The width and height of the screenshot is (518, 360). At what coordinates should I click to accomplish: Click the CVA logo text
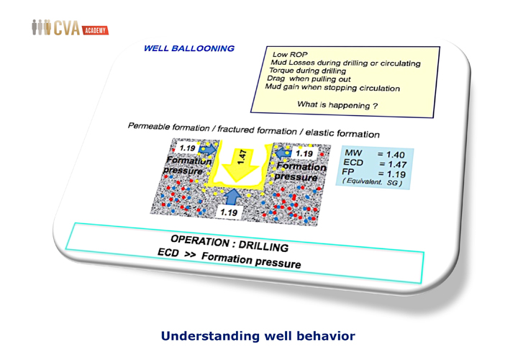[x=66, y=28]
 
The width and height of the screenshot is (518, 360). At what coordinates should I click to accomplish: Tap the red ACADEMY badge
[x=95, y=30]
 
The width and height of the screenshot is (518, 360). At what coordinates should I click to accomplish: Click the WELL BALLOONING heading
[x=189, y=48]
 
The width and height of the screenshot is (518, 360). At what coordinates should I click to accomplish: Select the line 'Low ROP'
[x=290, y=55]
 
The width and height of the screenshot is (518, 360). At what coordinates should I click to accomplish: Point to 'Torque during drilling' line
[x=307, y=71]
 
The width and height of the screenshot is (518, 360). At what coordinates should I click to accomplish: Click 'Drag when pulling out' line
[x=309, y=78]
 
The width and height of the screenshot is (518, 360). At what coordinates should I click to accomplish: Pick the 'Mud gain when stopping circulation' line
[x=332, y=88]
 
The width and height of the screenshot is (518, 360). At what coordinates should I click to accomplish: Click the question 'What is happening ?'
[x=337, y=105]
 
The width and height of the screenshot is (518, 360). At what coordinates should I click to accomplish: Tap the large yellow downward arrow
[x=240, y=163]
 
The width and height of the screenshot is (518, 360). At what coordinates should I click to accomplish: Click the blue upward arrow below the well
[x=233, y=197]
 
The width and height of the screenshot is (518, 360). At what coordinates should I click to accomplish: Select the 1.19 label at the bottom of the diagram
[x=229, y=212]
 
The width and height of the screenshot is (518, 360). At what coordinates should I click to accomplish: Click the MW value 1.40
[x=396, y=155]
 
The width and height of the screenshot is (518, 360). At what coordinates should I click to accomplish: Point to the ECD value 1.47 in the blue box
[x=397, y=164]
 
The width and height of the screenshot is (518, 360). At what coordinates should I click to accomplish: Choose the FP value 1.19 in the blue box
[x=396, y=174]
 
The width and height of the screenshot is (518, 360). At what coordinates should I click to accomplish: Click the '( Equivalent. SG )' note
[x=372, y=182]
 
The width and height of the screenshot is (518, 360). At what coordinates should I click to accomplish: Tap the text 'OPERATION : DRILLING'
[x=230, y=243]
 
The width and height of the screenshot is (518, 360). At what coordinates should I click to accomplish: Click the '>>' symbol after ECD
[x=190, y=255]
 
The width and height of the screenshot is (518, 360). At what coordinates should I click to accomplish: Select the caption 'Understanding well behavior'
[x=258, y=336]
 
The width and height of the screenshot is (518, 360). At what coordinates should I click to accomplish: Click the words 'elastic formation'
[x=342, y=133]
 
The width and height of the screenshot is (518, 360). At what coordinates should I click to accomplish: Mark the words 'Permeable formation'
[x=168, y=127]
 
